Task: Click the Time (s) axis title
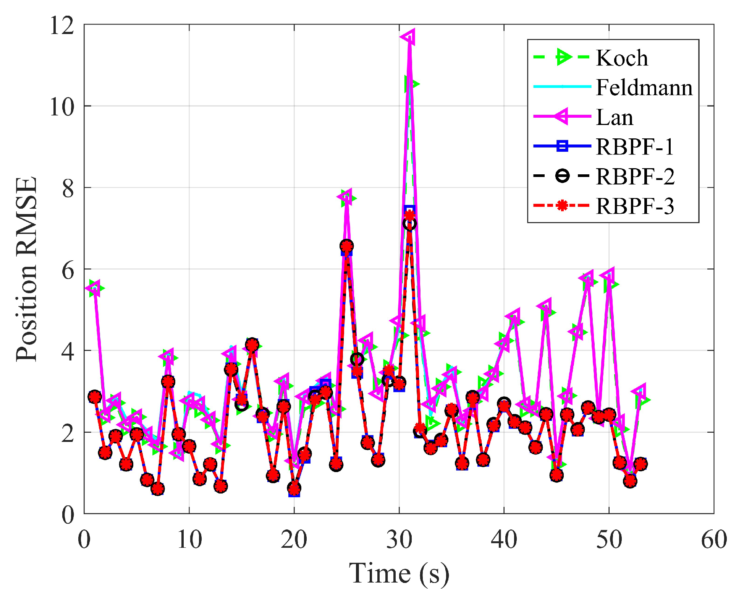pos(399,573)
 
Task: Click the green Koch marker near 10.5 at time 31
pos(411,84)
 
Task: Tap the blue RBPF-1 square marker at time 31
pos(409,210)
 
